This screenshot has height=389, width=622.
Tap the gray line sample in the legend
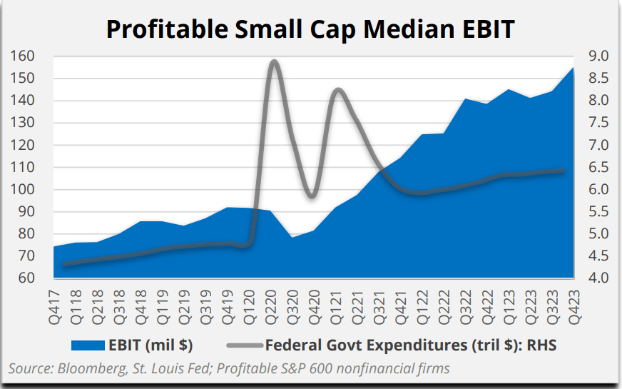coord(243,346)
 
